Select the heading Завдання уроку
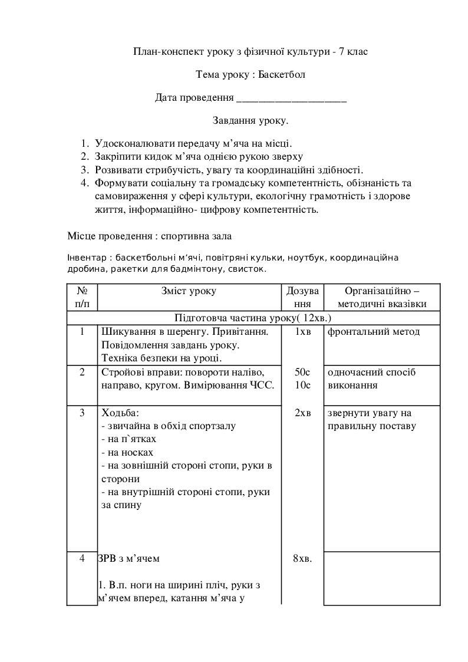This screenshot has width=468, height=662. point(251,121)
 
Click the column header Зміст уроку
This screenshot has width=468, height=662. point(189,291)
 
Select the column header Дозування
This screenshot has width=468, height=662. point(302,297)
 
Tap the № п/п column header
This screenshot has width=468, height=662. point(83,297)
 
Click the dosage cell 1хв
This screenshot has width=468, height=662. point(302,332)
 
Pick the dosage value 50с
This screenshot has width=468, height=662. point(302,372)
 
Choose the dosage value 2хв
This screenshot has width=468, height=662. point(302,413)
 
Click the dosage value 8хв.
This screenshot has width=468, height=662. point(302,558)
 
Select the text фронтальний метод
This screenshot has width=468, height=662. point(374,332)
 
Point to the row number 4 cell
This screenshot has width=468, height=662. point(82,558)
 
